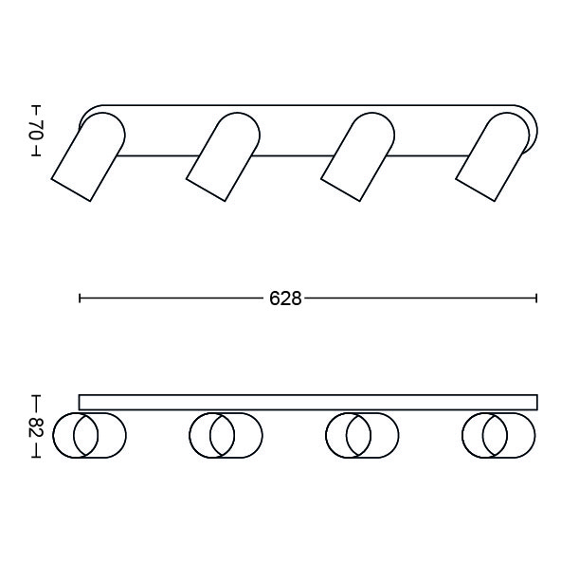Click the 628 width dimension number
[285, 299]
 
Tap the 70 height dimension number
[36, 131]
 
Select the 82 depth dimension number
[36, 426]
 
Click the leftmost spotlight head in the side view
[88, 156]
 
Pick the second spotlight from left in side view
[224, 156]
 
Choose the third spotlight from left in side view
[358, 156]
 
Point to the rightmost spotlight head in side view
[493, 156]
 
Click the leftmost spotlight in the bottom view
[89, 435]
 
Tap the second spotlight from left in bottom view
[226, 435]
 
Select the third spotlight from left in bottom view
[362, 435]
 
